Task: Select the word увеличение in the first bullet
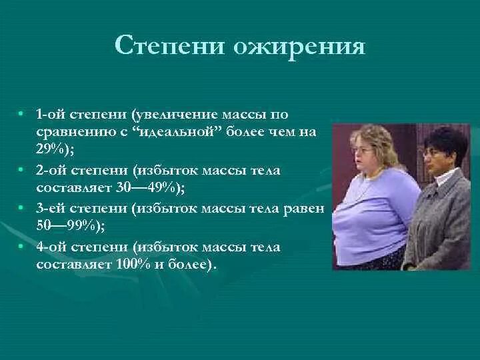[x=177, y=115]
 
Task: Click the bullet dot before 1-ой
[x=22, y=115]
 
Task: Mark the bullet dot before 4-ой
[x=22, y=247]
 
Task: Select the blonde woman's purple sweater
[x=367, y=213]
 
